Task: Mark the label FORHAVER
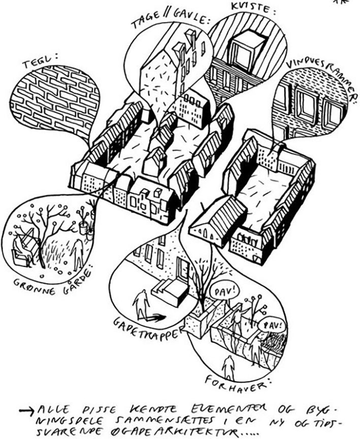pos(236,387)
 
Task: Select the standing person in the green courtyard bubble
pos(78,254)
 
